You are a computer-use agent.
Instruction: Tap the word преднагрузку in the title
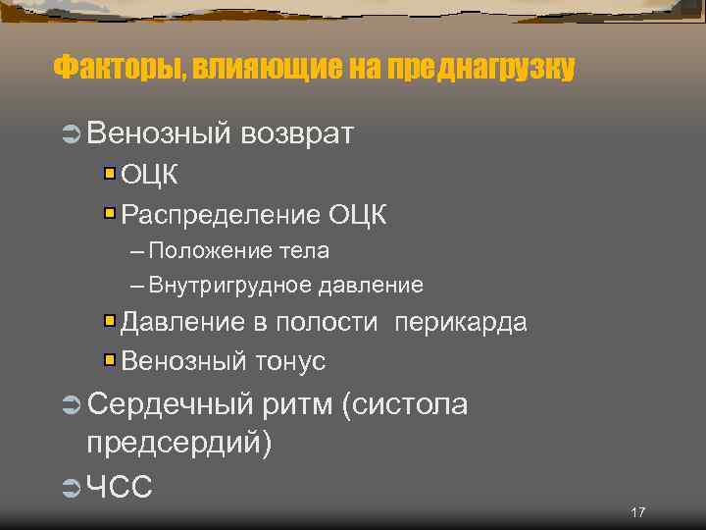[x=481, y=69]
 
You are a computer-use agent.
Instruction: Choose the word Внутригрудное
[x=229, y=286]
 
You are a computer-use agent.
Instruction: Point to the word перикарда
[x=461, y=323]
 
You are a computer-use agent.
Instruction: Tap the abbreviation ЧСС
[x=120, y=485]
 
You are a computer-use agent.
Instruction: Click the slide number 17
[x=638, y=513]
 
